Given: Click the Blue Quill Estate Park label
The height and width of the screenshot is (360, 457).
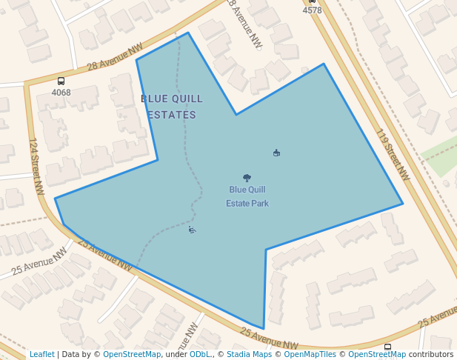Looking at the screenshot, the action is point(247,196).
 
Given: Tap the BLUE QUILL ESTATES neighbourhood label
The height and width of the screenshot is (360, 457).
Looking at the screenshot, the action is point(172,107).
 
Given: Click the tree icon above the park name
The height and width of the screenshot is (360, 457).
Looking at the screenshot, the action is point(247,178).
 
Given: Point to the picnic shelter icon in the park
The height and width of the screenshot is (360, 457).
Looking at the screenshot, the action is point(276,153).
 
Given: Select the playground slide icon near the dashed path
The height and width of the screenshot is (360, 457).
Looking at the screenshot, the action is point(192,230).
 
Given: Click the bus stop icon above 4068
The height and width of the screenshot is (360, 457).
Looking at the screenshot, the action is point(61,81).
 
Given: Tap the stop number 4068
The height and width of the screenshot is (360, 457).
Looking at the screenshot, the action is point(61,93).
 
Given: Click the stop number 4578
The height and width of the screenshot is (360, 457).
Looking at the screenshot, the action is point(313,10).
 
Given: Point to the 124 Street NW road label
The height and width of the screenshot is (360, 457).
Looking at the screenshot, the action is point(36,157).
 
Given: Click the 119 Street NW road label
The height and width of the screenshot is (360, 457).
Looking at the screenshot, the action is point(393,156).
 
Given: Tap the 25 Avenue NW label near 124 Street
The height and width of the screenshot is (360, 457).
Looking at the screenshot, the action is point(104,254).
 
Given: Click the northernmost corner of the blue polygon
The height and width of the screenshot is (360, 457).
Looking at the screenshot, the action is point(188,33).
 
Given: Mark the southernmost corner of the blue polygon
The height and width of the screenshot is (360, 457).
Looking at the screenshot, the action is point(264,329).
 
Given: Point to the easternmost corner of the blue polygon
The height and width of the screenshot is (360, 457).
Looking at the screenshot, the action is point(403,204).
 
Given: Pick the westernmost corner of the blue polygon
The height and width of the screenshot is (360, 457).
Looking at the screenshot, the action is point(56,199).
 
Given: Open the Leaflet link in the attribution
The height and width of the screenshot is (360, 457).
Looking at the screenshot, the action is point(41,355).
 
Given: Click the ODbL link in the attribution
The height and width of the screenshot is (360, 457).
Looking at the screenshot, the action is point(200,355).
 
